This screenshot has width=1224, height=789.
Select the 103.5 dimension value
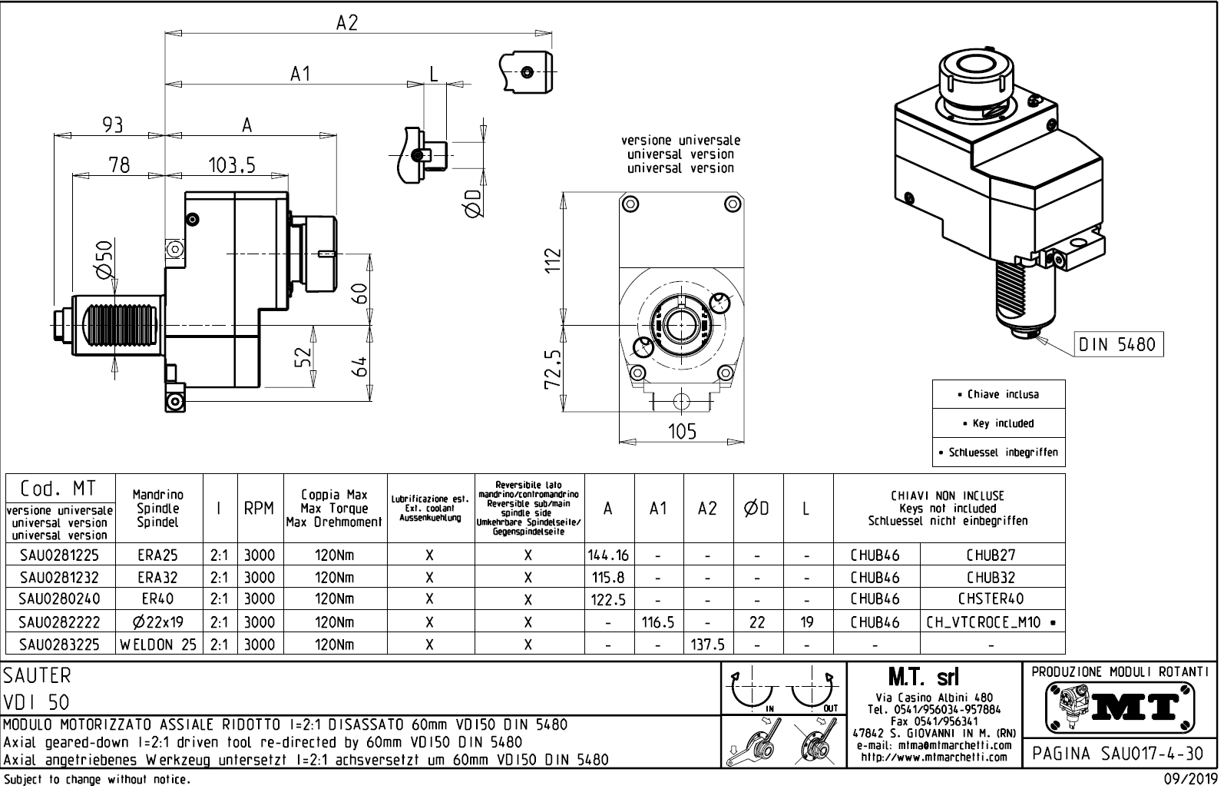[x=231, y=164]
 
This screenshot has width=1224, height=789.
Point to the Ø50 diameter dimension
[x=104, y=259]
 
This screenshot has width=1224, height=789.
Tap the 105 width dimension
[x=681, y=431]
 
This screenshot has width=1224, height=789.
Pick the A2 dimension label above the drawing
[x=347, y=23]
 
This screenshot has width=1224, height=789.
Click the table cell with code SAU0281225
[x=59, y=555]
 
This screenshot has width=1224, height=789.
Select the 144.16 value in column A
[x=608, y=555]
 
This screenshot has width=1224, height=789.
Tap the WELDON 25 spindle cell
[x=158, y=645]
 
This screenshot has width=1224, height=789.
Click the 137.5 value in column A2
[x=708, y=645]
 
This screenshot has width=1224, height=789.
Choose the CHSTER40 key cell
[x=991, y=598]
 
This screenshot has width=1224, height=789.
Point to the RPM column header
[x=259, y=509]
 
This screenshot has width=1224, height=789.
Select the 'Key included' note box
[x=998, y=423]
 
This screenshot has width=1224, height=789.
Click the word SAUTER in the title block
[x=37, y=676]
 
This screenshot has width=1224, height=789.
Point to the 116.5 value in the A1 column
[x=658, y=622]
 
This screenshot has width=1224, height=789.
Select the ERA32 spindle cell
[x=158, y=577]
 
